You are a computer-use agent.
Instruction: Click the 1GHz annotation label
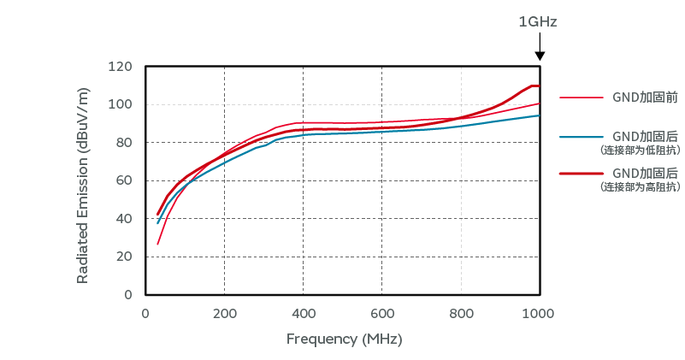point(538,22)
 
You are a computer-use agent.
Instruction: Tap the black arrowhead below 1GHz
point(540,56)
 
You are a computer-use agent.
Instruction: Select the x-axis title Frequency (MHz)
point(344,339)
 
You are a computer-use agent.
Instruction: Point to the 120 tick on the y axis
point(121,67)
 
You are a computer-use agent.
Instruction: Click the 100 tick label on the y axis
point(121,104)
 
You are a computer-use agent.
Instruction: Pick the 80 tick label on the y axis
point(124,143)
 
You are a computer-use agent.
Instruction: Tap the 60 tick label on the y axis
point(124,180)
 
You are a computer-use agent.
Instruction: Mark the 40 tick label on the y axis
point(124,219)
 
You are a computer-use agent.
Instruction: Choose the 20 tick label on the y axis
point(124,257)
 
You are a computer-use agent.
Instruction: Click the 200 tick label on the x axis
point(224,312)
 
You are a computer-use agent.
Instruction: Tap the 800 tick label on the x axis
point(461,312)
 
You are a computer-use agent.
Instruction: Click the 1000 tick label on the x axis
point(539,312)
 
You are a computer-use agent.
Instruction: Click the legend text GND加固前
point(645,97)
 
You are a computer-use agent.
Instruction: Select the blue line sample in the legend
point(577,136)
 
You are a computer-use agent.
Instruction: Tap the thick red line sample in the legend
point(577,174)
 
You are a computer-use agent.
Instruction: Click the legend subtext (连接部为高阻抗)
point(641,186)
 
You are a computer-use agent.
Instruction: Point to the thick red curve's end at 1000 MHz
point(538,86)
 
